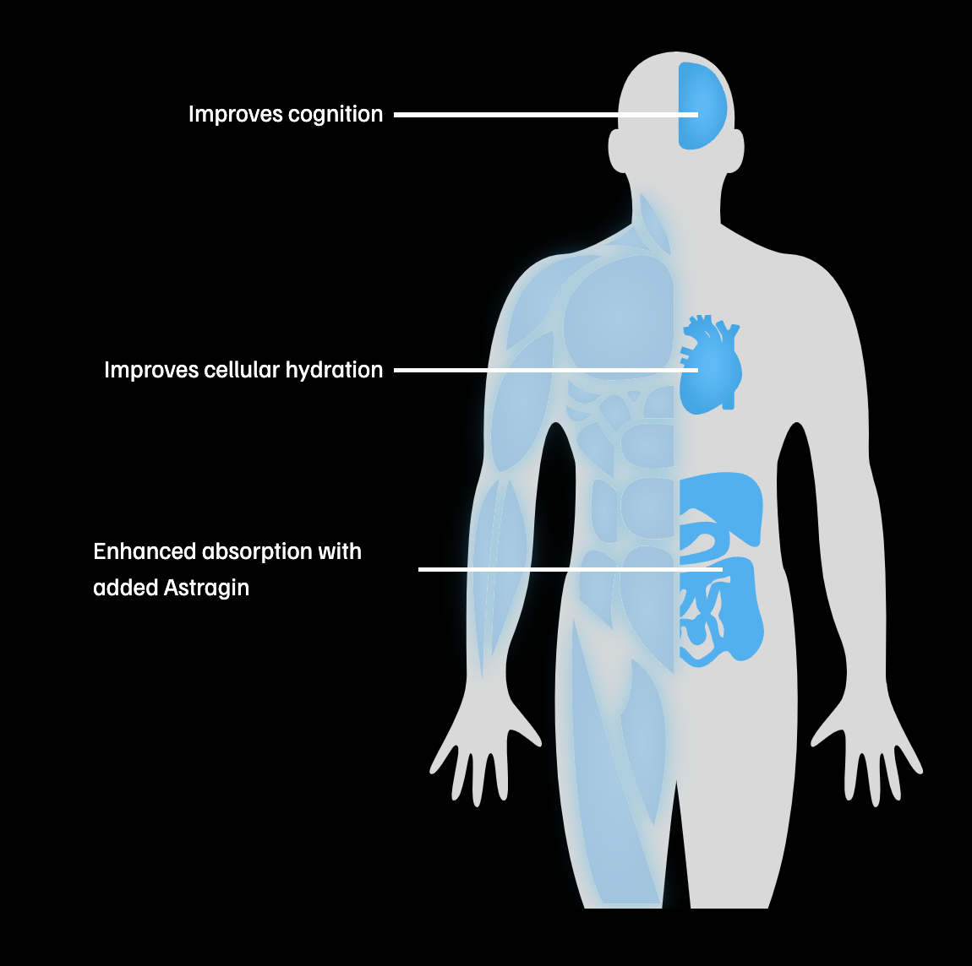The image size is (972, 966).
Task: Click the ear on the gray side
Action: (x=738, y=150)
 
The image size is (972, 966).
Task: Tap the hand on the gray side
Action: (x=871, y=752)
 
